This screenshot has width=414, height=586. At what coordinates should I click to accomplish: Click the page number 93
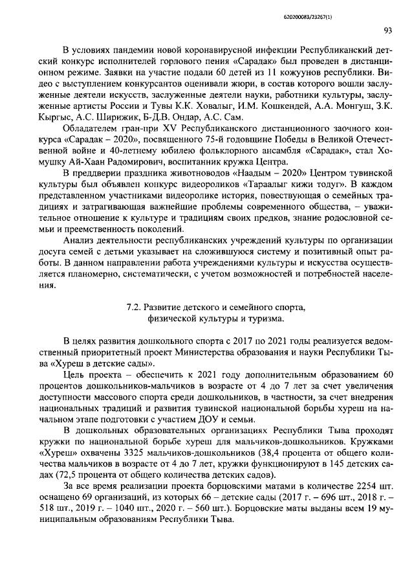pyautogui.click(x=387, y=30)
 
